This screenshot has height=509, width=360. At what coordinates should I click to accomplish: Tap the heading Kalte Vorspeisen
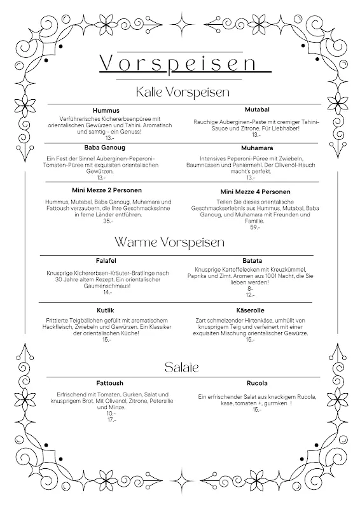(x=183, y=92)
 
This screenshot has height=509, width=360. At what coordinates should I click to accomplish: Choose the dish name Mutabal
(x=255, y=109)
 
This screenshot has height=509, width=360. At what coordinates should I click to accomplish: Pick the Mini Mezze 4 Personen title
(x=255, y=192)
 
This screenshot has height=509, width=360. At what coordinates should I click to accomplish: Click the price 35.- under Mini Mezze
(x=107, y=221)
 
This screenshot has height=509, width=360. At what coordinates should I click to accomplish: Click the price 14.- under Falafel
(x=107, y=292)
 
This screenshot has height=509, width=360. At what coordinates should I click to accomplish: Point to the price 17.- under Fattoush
(x=111, y=420)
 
